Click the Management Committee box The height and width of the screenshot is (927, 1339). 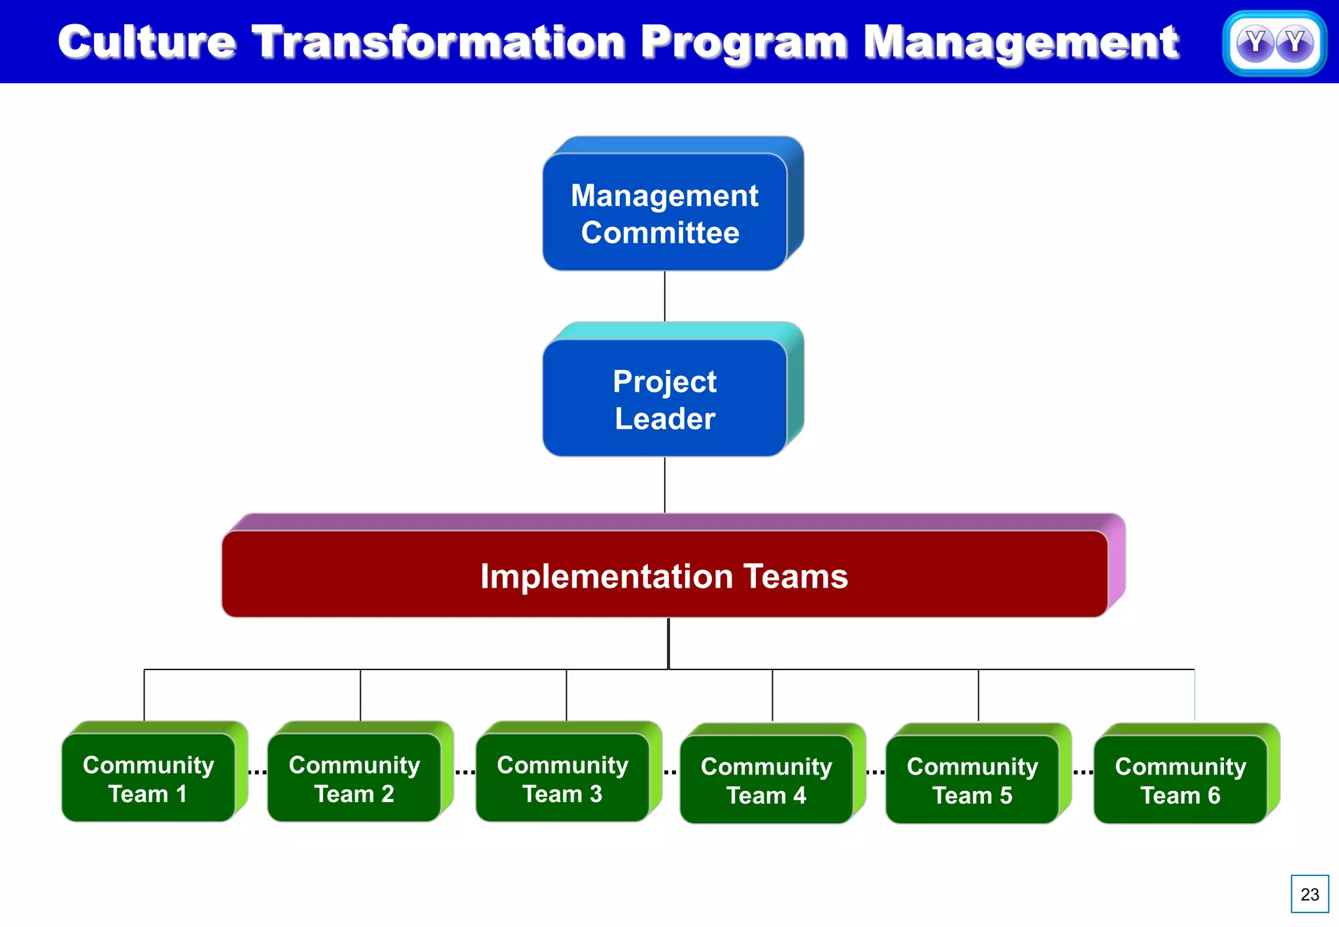pyautogui.click(x=664, y=213)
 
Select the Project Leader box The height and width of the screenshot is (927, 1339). pyautogui.click(x=664, y=399)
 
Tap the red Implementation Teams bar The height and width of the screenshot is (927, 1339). pyautogui.click(x=664, y=575)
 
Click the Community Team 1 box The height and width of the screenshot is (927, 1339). pyautogui.click(x=148, y=778)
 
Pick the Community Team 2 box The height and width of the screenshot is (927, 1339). pyautogui.click(x=354, y=778)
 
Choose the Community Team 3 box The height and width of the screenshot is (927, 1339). pyautogui.click(x=562, y=778)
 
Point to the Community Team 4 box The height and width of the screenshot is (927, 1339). pyautogui.click(x=766, y=780)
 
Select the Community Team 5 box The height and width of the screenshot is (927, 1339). pyautogui.click(x=972, y=780)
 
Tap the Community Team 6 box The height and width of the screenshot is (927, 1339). pyautogui.click(x=1180, y=780)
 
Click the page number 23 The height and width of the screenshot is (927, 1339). pyautogui.click(x=1310, y=894)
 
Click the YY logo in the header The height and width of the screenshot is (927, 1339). pyautogui.click(x=1274, y=43)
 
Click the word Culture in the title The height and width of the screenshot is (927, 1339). pyautogui.click(x=146, y=42)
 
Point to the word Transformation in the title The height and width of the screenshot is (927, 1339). pyautogui.click(x=438, y=42)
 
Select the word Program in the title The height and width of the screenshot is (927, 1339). pyautogui.click(x=744, y=42)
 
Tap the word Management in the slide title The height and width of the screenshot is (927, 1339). pyautogui.click(x=1021, y=42)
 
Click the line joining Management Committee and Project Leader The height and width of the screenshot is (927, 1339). pyautogui.click(x=665, y=296)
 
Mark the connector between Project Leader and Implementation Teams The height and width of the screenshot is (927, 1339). pyautogui.click(x=665, y=484)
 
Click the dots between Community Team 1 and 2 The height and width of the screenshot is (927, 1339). pyautogui.click(x=258, y=773)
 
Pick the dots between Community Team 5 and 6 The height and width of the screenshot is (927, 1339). pyautogui.click(x=1083, y=773)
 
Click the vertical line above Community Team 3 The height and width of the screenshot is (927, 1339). pyautogui.click(x=566, y=694)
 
